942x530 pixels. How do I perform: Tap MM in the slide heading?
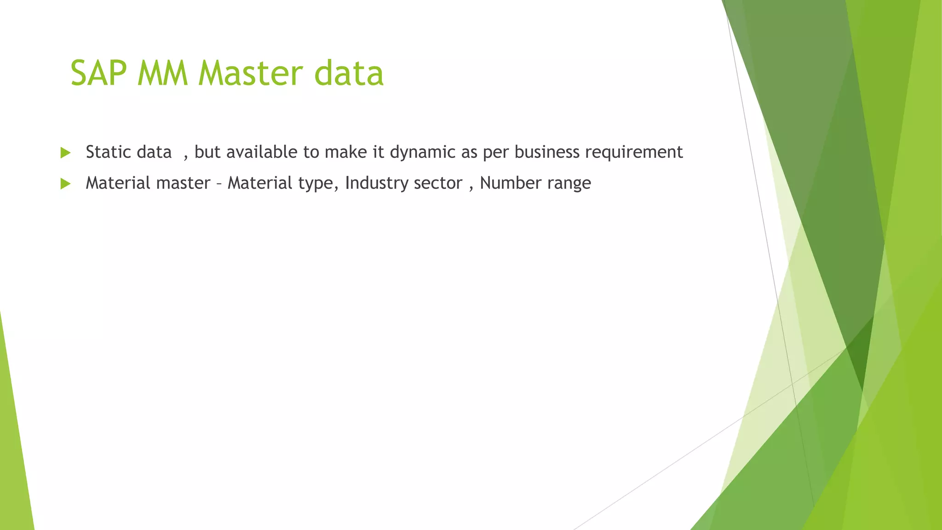click(162, 74)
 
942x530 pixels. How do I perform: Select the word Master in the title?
click(251, 74)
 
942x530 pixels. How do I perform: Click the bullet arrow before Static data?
click(65, 153)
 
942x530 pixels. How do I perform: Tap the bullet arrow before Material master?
click(65, 184)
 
